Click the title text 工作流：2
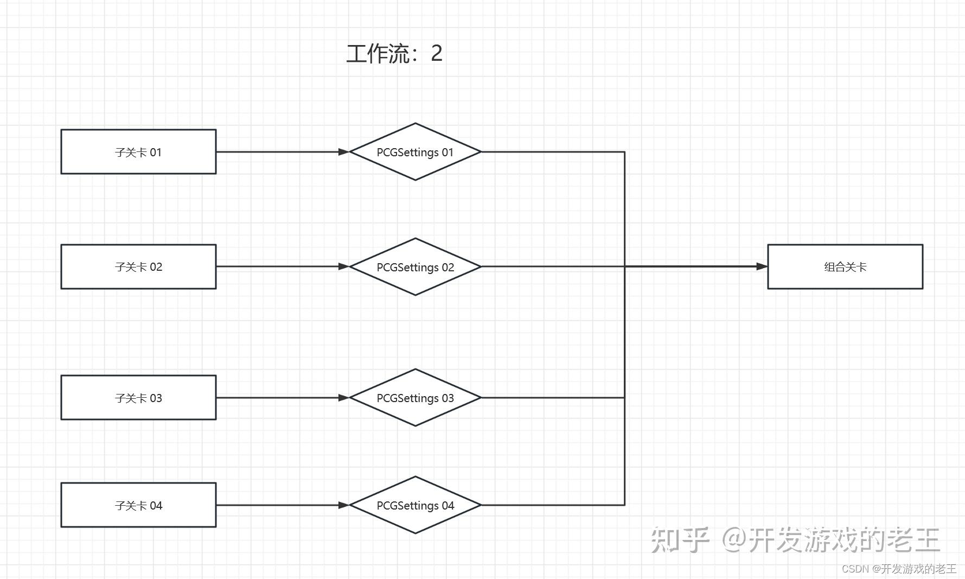pos(394,54)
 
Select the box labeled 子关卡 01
pos(138,152)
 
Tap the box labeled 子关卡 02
pos(138,266)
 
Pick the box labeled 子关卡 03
pos(138,398)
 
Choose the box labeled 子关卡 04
pos(138,505)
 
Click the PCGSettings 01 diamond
pos(415,152)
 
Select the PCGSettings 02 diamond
pos(415,267)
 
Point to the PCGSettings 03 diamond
pos(415,398)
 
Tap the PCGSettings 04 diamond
pos(415,505)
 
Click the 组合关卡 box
pos(845,266)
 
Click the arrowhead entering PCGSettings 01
pos(344,152)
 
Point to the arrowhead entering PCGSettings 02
pos(344,266)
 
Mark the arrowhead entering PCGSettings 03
pos(344,398)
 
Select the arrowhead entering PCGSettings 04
pos(344,505)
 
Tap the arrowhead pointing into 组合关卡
pos(762,266)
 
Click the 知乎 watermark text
pos(680,540)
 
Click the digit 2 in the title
pos(437,54)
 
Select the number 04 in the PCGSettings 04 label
pos(448,505)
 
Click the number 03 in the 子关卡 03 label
pos(156,398)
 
